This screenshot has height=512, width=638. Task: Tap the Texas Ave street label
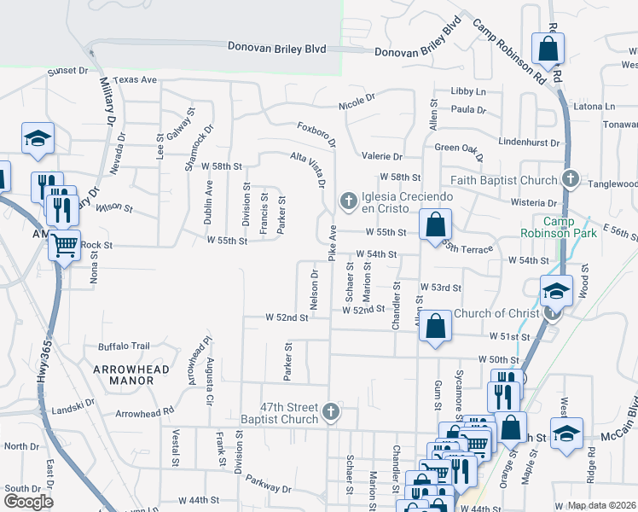[x=136, y=79]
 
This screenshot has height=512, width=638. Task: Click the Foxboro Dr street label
[x=316, y=134]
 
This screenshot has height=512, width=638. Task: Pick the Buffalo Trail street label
[x=124, y=346]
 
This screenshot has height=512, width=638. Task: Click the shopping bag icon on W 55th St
[x=435, y=226]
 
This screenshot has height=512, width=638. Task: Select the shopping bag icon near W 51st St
[x=435, y=326]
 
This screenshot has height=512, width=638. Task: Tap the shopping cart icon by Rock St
[x=64, y=246]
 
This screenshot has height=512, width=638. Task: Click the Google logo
[x=28, y=502]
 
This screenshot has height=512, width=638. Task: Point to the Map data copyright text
[x=602, y=505]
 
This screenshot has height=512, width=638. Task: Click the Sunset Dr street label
[x=67, y=72]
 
